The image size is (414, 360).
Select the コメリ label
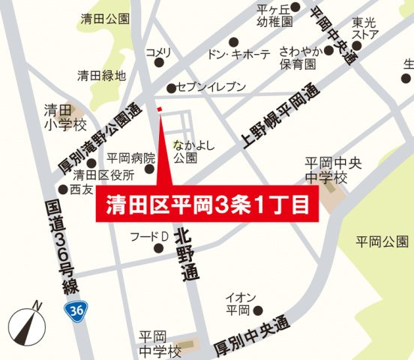[159, 52]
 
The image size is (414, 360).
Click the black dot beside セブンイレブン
[172, 88]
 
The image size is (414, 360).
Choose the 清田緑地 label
[103, 75]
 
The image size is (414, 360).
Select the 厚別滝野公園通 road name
[100, 136]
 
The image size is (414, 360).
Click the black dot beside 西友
[64, 190]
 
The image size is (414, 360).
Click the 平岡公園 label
[383, 241]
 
